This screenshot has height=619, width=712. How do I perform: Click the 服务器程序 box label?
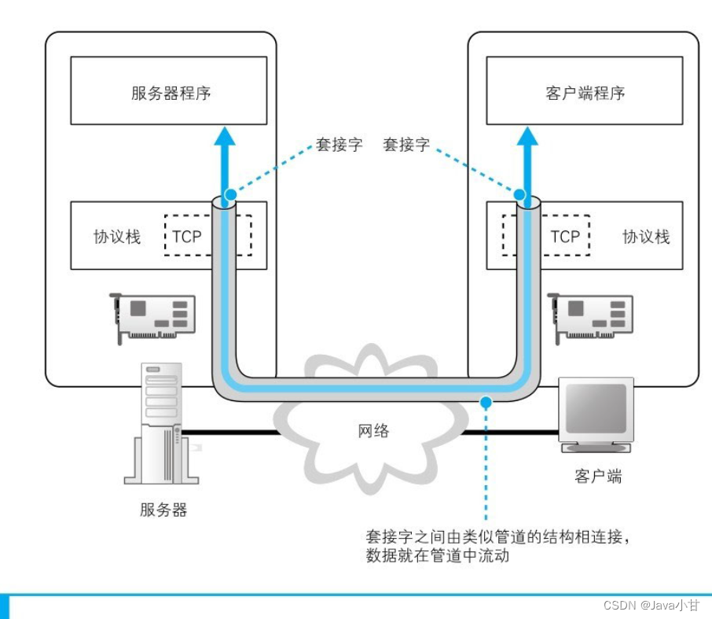171,93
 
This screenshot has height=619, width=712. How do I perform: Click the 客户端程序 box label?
585,93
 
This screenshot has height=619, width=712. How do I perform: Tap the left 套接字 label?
339,145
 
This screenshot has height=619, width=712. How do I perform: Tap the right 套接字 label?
406,145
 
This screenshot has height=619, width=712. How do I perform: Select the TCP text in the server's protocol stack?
186,236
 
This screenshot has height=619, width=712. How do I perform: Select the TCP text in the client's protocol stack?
565,236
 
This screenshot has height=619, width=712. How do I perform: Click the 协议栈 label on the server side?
117,236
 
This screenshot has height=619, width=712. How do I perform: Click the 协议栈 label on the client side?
646,236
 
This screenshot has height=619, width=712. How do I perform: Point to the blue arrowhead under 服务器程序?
225,136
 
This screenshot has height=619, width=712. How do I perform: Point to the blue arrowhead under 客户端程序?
527,136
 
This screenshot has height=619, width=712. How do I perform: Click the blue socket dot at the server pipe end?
231,194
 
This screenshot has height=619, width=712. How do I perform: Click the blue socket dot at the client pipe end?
519,194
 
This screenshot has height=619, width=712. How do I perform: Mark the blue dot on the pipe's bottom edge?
486,402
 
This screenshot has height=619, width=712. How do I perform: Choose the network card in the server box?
152,318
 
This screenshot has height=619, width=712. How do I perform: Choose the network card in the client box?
590,318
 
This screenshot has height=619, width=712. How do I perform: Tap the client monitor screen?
596,407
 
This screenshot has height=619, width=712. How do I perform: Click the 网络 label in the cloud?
373,430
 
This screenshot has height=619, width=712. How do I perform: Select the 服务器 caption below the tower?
163,510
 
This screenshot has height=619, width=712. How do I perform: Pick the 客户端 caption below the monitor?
597,476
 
